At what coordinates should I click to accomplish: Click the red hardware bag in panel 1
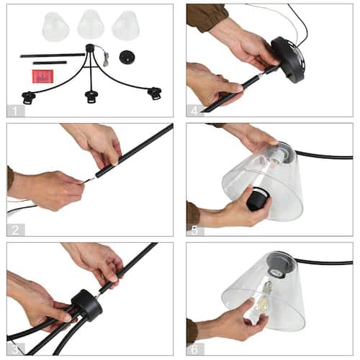pyautogui.click(x=43, y=76)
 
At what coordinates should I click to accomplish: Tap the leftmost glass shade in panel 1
pyautogui.click(x=55, y=26)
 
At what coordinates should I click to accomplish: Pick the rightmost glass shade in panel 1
pyautogui.click(x=125, y=25)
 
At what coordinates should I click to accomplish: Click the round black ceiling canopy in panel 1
pyautogui.click(x=127, y=57)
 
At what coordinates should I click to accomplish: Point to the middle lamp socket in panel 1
pyautogui.click(x=91, y=96)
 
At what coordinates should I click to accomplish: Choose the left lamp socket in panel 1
pyautogui.click(x=29, y=98)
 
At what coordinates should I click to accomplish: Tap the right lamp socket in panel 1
pyautogui.click(x=154, y=94)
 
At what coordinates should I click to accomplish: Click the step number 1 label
pyautogui.click(x=15, y=111)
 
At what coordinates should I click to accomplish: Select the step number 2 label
pyautogui.click(x=15, y=230)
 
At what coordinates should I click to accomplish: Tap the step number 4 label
pyautogui.click(x=195, y=111)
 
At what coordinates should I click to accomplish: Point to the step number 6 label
pyautogui.click(x=195, y=349)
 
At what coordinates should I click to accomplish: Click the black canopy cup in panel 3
pyautogui.click(x=87, y=305)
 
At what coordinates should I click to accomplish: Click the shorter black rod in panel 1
pyautogui.click(x=50, y=63)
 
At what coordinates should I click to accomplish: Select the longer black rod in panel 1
pyautogui.click(x=53, y=55)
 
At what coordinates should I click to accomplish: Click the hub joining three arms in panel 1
pyautogui.click(x=90, y=48)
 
